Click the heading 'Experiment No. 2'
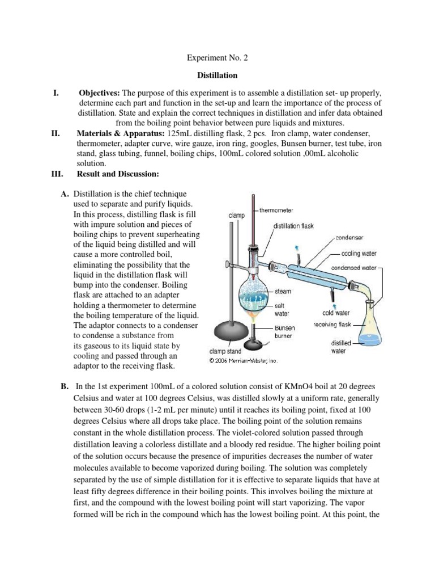(x=217, y=58)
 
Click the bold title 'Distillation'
(x=217, y=75)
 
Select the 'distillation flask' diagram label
(x=293, y=226)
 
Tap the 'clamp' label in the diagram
(x=236, y=216)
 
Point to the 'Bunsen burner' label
(x=284, y=332)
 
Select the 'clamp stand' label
(x=225, y=351)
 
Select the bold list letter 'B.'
(x=65, y=386)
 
